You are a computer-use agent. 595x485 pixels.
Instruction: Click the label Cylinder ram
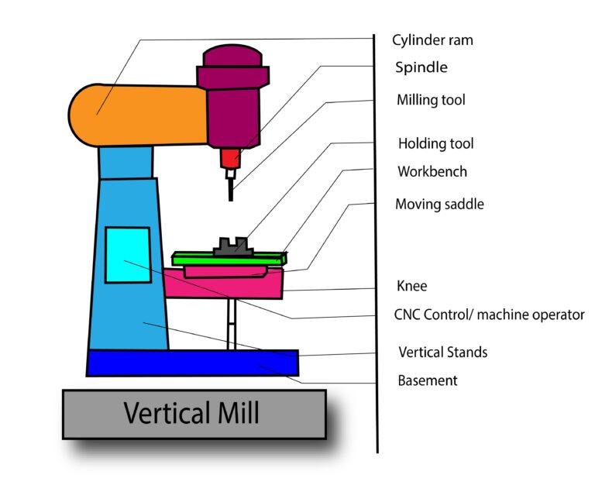431,40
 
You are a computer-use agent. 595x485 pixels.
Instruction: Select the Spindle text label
421,67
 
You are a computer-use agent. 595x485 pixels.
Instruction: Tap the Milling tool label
431,100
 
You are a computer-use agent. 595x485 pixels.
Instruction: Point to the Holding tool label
435,143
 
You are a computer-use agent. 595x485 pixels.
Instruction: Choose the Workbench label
432,171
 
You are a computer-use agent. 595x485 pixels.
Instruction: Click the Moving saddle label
439,205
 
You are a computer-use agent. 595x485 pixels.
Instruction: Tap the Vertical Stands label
442,352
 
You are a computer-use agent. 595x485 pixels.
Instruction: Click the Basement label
427,380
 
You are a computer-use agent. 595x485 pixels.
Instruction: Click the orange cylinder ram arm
139,115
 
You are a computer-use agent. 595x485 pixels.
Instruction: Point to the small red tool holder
230,158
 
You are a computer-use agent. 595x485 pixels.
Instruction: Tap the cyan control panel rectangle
128,255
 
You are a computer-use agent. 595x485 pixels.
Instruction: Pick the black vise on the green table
230,246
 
